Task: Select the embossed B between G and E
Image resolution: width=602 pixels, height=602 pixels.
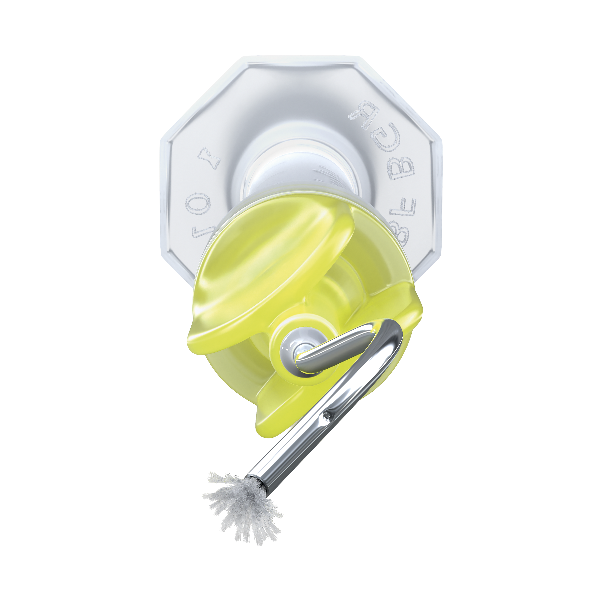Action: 401,168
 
